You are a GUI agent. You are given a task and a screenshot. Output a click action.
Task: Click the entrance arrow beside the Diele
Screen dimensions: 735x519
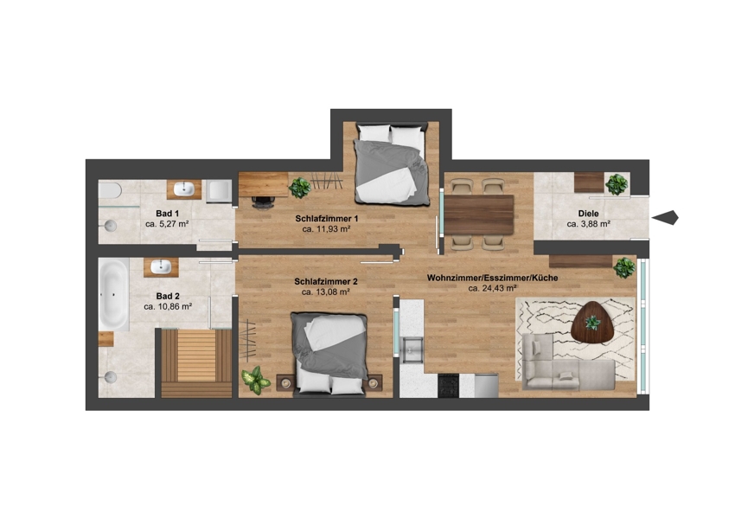click(665, 217)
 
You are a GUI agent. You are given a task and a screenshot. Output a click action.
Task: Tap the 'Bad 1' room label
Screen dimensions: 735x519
click(168, 214)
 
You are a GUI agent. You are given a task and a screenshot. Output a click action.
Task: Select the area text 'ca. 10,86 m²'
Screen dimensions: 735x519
click(168, 306)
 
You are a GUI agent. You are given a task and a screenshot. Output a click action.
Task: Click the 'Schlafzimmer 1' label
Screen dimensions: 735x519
click(327, 219)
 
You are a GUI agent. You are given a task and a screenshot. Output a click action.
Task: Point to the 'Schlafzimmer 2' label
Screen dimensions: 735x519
click(326, 282)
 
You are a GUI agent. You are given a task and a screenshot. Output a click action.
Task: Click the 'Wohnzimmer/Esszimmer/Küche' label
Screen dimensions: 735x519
click(492, 278)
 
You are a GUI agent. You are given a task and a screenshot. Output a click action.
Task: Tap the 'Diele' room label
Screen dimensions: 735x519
click(588, 214)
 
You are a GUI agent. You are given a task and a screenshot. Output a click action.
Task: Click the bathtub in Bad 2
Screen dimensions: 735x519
click(113, 294)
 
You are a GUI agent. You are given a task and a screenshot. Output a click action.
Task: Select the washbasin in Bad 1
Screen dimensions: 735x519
click(183, 189)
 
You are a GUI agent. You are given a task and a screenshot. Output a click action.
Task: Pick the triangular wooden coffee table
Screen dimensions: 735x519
click(592, 323)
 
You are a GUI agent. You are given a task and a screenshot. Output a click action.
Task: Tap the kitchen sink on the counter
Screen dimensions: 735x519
click(411, 349)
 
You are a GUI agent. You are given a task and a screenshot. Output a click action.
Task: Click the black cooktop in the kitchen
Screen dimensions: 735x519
click(448, 386)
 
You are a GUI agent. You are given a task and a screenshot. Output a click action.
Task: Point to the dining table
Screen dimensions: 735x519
click(479, 215)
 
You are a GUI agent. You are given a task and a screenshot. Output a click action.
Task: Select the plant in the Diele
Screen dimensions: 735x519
click(617, 184)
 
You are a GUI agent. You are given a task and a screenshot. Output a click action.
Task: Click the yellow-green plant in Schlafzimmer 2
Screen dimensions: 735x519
click(255, 380)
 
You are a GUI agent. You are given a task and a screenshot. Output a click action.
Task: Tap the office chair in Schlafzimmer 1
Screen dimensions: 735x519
click(263, 202)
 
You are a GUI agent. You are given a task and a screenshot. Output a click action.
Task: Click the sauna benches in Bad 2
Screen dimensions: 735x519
click(196, 363)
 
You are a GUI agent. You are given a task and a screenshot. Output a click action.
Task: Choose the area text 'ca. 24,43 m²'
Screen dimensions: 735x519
click(492, 288)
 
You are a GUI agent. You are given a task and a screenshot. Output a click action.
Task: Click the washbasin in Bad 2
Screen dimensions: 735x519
click(161, 266)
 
